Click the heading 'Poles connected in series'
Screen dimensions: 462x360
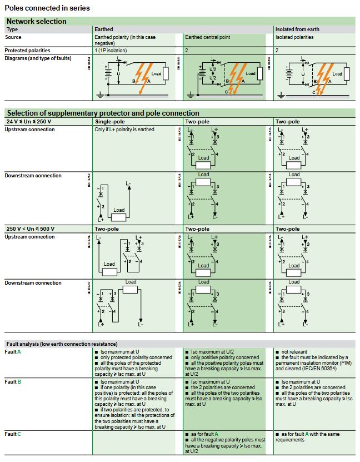click(x=47, y=8)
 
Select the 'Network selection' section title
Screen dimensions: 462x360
click(x=37, y=21)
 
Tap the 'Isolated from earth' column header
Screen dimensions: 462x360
click(x=297, y=29)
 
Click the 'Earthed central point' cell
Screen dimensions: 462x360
click(x=207, y=37)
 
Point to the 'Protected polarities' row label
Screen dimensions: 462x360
click(x=28, y=50)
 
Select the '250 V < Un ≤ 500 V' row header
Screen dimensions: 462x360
click(x=30, y=228)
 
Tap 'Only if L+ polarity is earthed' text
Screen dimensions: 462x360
click(x=124, y=130)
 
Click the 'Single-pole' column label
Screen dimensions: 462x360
click(x=110, y=121)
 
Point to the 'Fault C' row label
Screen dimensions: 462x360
click(x=13, y=434)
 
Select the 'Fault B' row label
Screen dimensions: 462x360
click(x=13, y=381)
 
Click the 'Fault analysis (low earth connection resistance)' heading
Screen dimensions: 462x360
click(x=62, y=344)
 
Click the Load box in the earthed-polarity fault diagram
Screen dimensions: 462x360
click(x=156, y=74)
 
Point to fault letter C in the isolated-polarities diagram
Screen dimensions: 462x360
click(x=314, y=93)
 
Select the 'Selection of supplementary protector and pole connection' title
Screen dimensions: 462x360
click(x=103, y=113)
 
